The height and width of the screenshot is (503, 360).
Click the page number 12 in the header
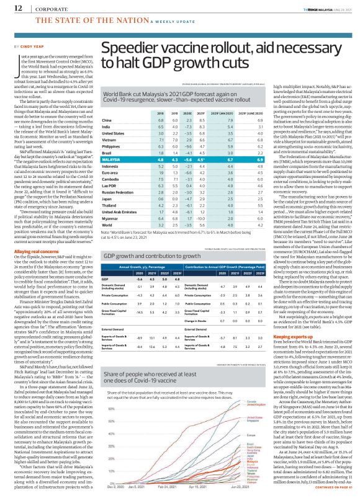click(x=11, y=9)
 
